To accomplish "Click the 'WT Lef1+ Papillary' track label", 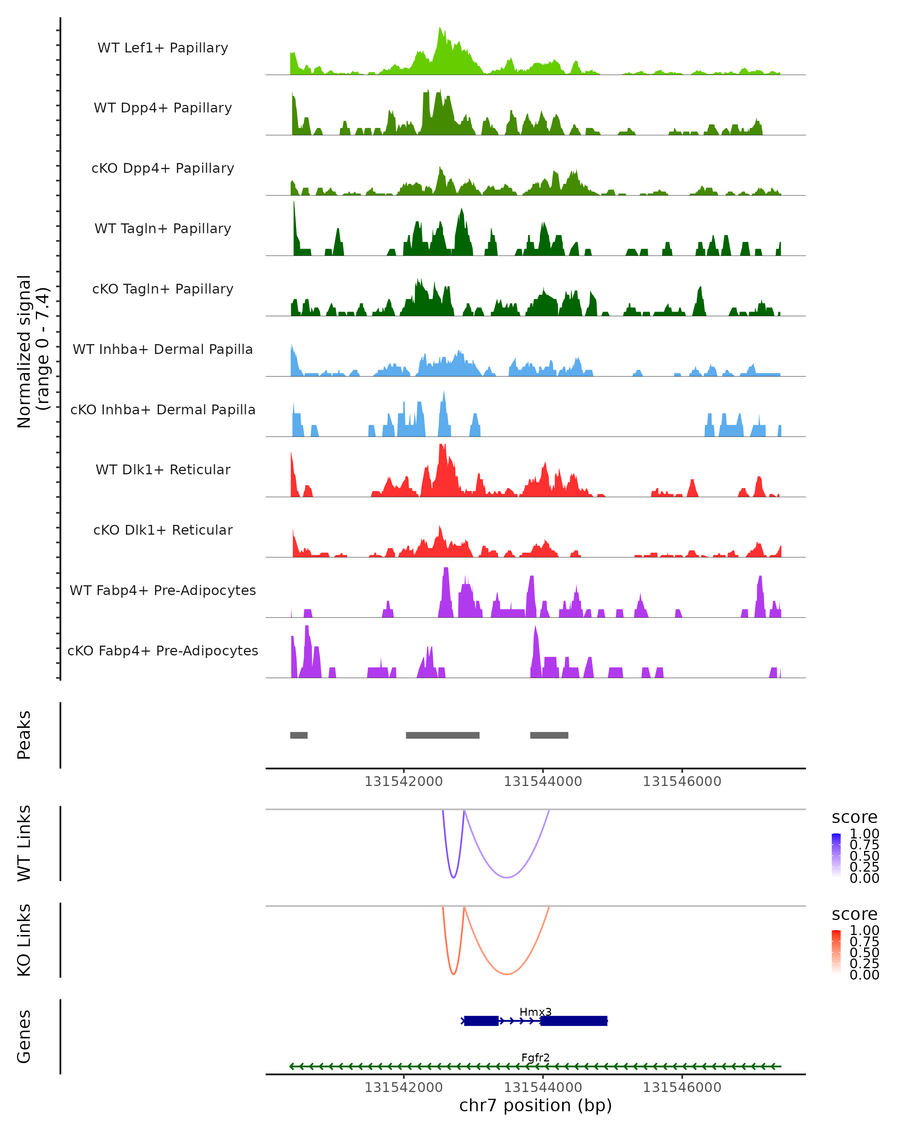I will coord(163,48).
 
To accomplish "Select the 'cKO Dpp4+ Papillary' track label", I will coord(163,168).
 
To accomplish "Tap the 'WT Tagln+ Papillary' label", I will coord(163,228).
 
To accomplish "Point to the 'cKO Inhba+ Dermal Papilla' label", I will coord(163,409).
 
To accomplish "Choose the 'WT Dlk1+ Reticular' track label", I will coord(163,469).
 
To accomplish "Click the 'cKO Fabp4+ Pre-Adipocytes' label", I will coord(163,651).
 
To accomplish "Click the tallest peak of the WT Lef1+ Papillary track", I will coord(440,29).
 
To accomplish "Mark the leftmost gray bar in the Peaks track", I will coord(299,735).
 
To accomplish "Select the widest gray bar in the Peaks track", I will coord(443,735).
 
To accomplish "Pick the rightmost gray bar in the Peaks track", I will coord(549,735).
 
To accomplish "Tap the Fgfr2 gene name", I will coord(535,1057).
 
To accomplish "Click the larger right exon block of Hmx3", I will coord(573,1021).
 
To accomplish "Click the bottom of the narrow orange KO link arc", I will coord(454,974).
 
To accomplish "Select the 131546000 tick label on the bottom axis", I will coord(682,1087).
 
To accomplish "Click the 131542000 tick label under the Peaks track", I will coord(404,781).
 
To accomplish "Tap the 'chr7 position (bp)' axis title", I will coord(535,1106).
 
